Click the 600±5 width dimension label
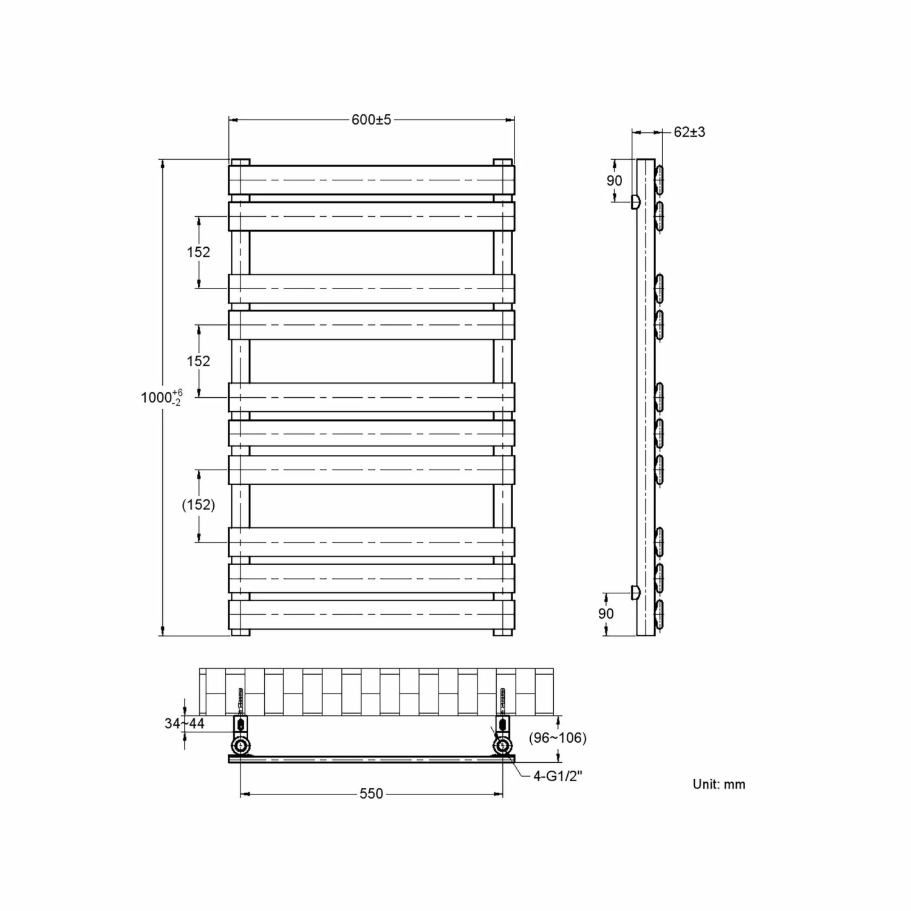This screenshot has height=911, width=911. pos(371,120)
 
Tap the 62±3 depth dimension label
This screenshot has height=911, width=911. pos(689,132)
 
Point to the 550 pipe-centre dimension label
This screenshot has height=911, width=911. pos(371,794)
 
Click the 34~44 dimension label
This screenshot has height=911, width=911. pos(184,723)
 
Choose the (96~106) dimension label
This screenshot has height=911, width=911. pos(558,738)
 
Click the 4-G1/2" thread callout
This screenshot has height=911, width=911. pos(558,776)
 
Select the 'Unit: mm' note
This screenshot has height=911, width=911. pos(718,784)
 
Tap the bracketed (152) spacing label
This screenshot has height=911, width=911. pos(199,505)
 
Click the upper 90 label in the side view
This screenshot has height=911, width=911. pos(614,180)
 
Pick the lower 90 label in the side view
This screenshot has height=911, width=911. pos(606,613)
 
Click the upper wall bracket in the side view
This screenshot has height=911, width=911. pos(635,202)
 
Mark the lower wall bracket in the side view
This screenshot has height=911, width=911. pos(635,592)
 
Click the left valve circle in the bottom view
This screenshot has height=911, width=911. pos(241,745)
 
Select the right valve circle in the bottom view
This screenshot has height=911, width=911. pos(503,745)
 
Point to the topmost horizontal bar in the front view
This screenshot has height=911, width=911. pos(371,180)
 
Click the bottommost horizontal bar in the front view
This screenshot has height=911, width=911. pos(371,615)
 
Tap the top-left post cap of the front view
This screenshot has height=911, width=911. pos(241,162)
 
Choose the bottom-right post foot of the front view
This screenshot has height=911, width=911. pos(503,632)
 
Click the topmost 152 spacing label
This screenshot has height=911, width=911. pos(199,252)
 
